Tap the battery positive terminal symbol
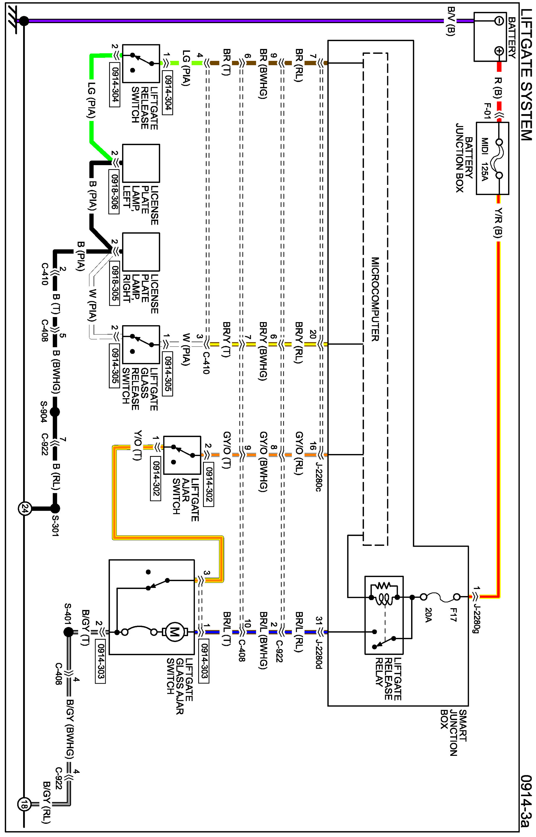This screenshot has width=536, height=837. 499,51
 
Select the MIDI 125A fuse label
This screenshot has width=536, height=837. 484,159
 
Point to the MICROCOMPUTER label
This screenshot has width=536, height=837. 375,299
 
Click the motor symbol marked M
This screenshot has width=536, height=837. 174,632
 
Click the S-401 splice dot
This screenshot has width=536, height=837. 69,632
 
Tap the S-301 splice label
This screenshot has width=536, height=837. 55,525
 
